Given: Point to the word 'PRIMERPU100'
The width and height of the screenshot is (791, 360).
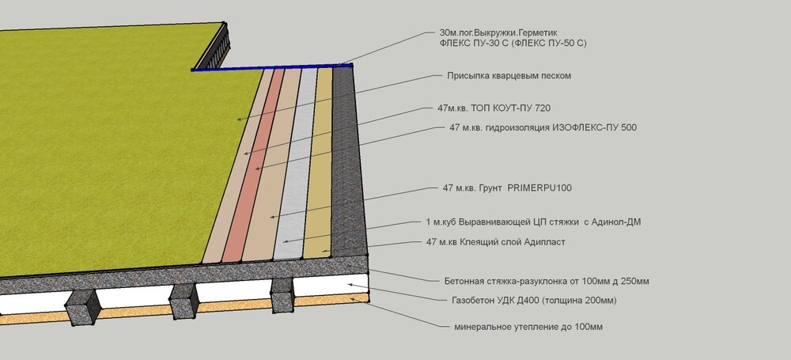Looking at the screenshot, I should (x=539, y=188).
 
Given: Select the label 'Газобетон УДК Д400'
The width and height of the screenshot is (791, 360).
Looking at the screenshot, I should (x=529, y=301).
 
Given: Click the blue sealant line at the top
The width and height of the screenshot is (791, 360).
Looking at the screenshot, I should (x=269, y=68).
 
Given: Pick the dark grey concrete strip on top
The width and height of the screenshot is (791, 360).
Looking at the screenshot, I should (x=348, y=158).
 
